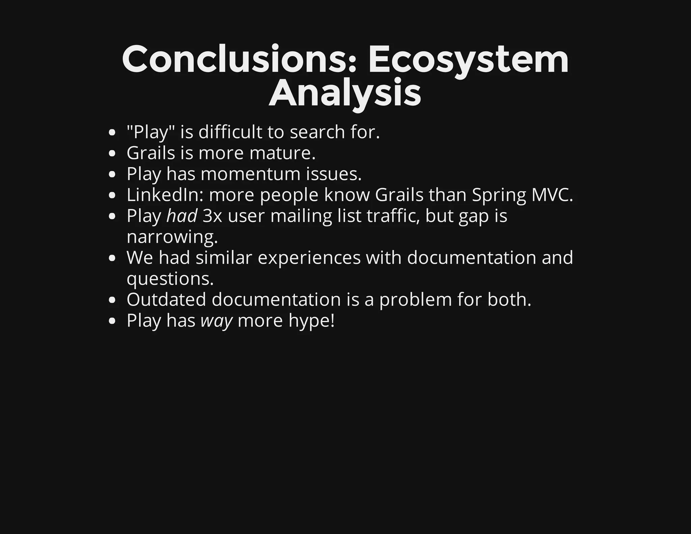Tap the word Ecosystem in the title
click(468, 60)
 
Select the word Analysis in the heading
click(345, 92)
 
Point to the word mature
click(282, 153)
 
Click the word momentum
click(250, 174)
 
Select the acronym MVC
click(552, 195)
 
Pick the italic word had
click(182, 216)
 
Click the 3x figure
click(212, 216)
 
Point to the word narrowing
click(172, 237)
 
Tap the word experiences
click(309, 258)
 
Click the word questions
click(170, 279)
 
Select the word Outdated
click(166, 299)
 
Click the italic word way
click(216, 321)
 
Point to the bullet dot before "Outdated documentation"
click(113, 300)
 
